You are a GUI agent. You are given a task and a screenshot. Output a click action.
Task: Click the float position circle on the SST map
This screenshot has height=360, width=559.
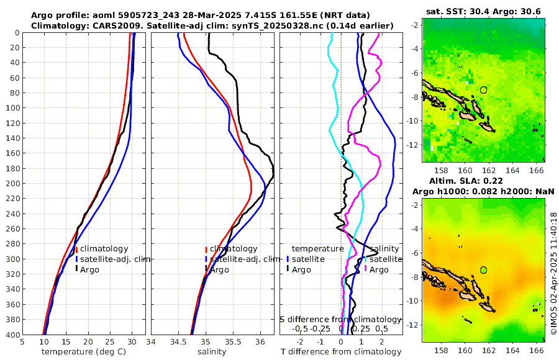pos(483,90)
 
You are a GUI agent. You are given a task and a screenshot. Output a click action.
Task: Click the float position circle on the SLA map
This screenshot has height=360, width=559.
pos(483,270)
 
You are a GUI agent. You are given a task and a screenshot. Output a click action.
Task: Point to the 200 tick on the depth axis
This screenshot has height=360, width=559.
pos(12,183)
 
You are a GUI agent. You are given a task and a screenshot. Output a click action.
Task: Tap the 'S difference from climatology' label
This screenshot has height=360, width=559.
pos(340,319)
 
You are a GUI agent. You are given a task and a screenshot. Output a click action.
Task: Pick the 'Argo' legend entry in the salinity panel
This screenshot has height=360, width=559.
pos(219,269)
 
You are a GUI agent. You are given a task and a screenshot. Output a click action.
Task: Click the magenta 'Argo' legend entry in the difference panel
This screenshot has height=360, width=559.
pos(379,269)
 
